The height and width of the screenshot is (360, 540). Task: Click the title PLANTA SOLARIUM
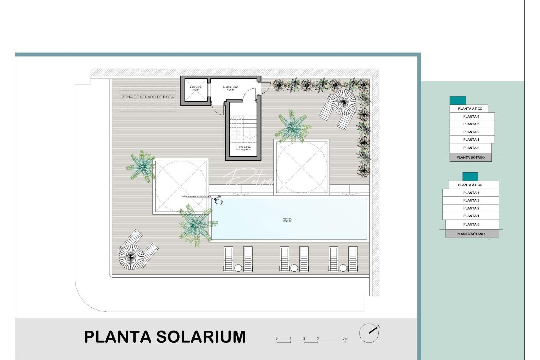click(x=165, y=337)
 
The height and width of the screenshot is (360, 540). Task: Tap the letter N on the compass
click(x=379, y=326)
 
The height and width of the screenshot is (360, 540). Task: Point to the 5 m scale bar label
click(x=345, y=338)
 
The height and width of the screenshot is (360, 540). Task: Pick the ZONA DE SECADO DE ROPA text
click(x=148, y=97)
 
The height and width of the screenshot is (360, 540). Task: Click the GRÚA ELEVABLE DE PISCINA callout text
click(x=196, y=197)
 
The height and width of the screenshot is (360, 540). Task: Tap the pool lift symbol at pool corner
click(x=219, y=201)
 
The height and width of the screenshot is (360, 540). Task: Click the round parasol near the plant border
click(x=344, y=102)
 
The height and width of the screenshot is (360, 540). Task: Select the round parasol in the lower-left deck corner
click(x=131, y=257)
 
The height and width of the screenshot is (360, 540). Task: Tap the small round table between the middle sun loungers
click(x=294, y=268)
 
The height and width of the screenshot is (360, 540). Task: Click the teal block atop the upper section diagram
click(x=458, y=100)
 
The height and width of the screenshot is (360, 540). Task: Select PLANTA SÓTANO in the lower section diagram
click(x=471, y=234)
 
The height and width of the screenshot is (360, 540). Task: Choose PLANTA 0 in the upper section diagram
click(x=471, y=148)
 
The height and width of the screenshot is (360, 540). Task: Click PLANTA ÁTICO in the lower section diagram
click(x=470, y=185)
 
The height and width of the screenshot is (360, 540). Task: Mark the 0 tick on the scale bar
click(x=277, y=339)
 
